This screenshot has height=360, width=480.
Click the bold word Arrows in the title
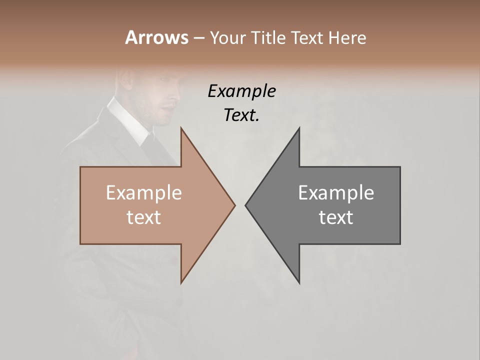click(x=156, y=37)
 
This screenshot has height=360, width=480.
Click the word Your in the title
click(x=227, y=37)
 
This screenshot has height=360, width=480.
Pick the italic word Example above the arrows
click(x=241, y=91)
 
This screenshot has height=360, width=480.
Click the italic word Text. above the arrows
click(x=241, y=115)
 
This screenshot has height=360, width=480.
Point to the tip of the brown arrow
click(x=234, y=205)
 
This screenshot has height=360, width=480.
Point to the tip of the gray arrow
click(x=245, y=205)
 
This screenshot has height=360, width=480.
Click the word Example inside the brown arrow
click(x=144, y=193)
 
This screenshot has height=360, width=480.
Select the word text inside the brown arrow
click(x=144, y=217)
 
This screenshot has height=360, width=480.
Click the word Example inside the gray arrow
click(x=336, y=193)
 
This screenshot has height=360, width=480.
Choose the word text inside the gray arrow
click(x=336, y=217)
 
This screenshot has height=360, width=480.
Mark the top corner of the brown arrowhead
click(x=181, y=128)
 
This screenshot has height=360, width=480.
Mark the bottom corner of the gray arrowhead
click(x=299, y=282)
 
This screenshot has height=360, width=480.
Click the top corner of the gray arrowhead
click(x=299, y=128)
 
